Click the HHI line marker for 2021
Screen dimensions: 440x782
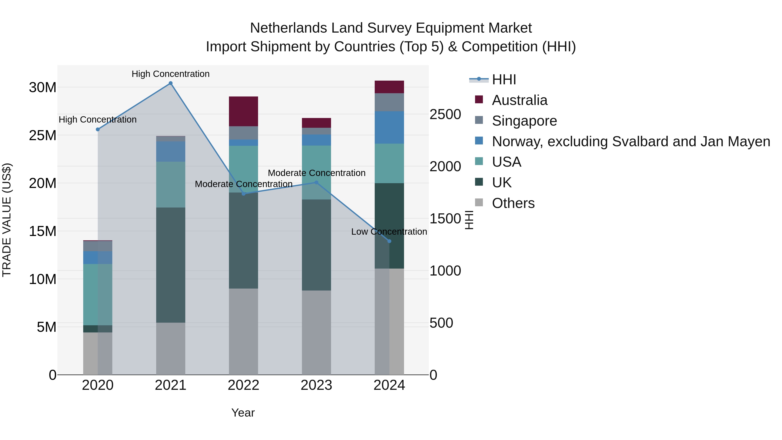pyautogui.click(x=170, y=83)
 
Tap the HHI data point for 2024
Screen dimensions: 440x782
pyautogui.click(x=389, y=241)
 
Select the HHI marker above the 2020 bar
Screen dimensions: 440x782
pyautogui.click(x=98, y=129)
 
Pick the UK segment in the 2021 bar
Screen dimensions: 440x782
pyautogui.click(x=170, y=265)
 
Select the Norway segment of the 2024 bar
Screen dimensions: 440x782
pyautogui.click(x=389, y=128)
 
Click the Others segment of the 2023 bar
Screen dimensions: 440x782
pyautogui.click(x=316, y=332)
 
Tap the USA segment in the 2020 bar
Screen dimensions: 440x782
pyautogui.click(x=98, y=295)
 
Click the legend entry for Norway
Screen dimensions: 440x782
pyautogui.click(x=631, y=141)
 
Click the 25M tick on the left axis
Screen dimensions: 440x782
pyautogui.click(x=43, y=135)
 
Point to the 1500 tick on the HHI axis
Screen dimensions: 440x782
pyautogui.click(x=445, y=219)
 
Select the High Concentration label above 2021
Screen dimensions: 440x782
pyautogui.click(x=170, y=74)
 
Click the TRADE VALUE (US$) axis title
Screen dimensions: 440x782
pyautogui.click(x=7, y=220)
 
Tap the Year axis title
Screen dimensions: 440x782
pyautogui.click(x=243, y=413)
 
